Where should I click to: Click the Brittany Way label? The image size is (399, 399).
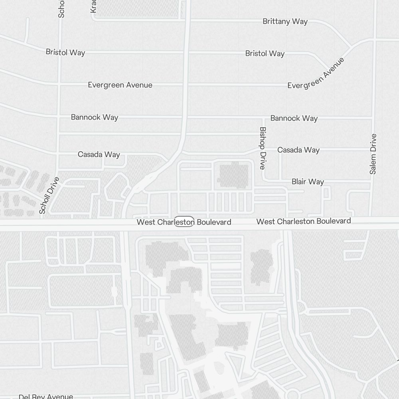pos(285,22)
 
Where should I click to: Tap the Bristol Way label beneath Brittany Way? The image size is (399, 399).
pos(265,53)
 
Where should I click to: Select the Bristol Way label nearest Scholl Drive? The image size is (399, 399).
pos(65,52)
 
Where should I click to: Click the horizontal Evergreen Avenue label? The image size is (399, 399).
pos(120,85)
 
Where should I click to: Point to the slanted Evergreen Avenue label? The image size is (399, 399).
pos(316,73)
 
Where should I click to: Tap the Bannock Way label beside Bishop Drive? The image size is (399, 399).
pos(294,118)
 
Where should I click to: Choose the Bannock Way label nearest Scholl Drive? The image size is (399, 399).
pos(95,117)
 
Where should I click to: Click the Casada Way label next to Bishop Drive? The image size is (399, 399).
pos(298,150)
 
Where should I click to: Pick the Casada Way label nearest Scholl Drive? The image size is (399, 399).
pos(99,154)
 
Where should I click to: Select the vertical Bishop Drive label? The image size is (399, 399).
pos(263,148)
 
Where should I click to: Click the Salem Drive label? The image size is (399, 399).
pos(373,154)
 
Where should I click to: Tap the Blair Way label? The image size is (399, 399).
pos(308,182)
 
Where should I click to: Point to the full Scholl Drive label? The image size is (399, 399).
pos(49,196)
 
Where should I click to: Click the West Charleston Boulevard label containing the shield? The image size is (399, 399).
pos(184,222)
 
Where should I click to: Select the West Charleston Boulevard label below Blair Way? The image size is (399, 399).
pos(304,221)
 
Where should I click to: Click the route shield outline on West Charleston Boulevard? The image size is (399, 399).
pos(184,222)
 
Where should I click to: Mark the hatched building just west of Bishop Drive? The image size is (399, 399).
pos(234,175)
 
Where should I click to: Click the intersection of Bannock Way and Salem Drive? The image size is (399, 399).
pos(373,118)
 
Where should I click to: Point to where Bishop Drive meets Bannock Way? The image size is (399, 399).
pos(263,118)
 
